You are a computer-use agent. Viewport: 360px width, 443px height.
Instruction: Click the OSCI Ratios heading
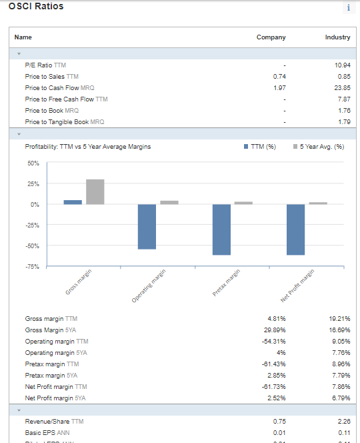click(x=37, y=6)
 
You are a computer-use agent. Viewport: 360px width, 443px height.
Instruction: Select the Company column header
click(x=271, y=37)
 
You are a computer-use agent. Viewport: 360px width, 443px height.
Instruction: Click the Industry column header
click(x=337, y=37)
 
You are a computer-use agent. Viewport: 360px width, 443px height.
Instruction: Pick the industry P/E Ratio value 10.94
click(x=342, y=65)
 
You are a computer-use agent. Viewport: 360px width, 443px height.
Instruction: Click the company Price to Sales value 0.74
click(x=279, y=77)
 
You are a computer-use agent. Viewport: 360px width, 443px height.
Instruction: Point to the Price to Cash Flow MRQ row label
click(x=59, y=88)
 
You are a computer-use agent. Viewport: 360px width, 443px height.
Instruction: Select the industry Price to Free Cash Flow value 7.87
click(x=343, y=99)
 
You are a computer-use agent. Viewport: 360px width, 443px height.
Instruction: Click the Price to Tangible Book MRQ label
click(x=64, y=122)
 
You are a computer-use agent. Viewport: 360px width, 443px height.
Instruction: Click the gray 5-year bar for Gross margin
click(x=95, y=191)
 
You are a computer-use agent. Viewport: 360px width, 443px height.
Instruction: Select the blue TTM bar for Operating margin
click(x=147, y=227)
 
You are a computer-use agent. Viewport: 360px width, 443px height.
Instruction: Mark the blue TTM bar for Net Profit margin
click(x=295, y=230)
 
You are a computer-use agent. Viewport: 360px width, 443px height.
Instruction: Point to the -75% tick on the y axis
click(x=32, y=267)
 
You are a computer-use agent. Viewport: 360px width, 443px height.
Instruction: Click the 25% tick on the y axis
click(x=33, y=183)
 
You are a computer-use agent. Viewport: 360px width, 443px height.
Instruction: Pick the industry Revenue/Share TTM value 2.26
click(x=343, y=421)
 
